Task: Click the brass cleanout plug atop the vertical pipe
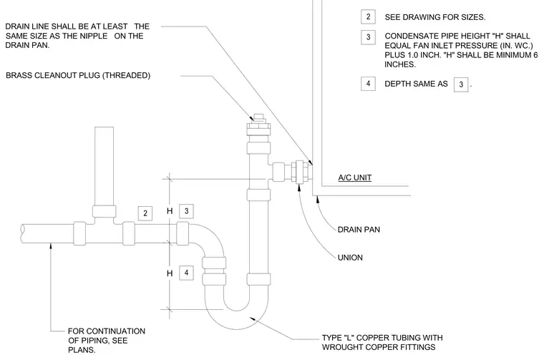pyautogui.click(x=259, y=124)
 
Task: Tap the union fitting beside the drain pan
pyautogui.click(x=299, y=172)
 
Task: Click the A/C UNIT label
pyautogui.click(x=354, y=177)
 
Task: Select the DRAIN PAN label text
pyautogui.click(x=359, y=230)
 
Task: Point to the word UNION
pyautogui.click(x=350, y=258)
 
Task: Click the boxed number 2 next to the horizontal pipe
pyautogui.click(x=145, y=213)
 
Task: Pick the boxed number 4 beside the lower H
pyautogui.click(x=186, y=273)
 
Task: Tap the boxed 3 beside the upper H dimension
pyautogui.click(x=186, y=211)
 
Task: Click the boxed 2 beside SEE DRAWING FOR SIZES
pyautogui.click(x=368, y=16)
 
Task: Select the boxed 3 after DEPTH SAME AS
pyautogui.click(x=461, y=84)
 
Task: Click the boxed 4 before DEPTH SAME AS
pyautogui.click(x=368, y=84)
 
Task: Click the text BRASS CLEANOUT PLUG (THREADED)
pyautogui.click(x=78, y=76)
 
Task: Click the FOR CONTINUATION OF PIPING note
pyautogui.click(x=107, y=341)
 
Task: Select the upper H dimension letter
pyautogui.click(x=170, y=211)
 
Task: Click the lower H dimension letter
pyautogui.click(x=170, y=273)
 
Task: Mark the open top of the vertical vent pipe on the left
pyautogui.click(x=104, y=127)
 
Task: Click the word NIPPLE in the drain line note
pyautogui.click(x=94, y=36)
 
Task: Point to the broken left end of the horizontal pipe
pyautogui.click(x=22, y=233)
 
